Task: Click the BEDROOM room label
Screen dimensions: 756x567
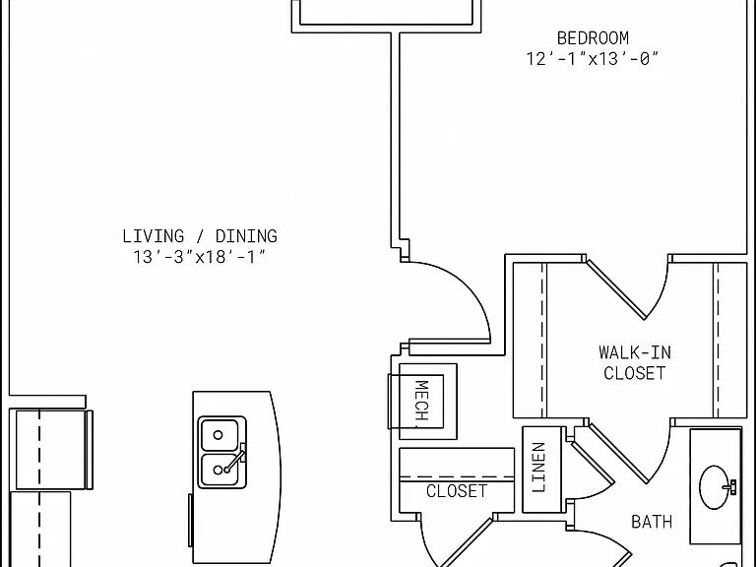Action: coord(593,38)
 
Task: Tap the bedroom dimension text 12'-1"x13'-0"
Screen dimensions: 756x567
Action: coord(592,59)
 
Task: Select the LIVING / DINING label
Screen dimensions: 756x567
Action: coord(200,236)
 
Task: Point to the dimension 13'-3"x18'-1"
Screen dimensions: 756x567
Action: coord(199,257)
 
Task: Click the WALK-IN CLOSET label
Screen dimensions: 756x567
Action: coord(635,362)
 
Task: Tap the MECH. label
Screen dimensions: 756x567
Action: coord(421,401)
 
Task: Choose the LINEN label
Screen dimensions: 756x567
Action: coord(538,468)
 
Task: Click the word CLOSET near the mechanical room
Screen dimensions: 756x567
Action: coord(457,491)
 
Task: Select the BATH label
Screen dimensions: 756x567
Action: coord(652,522)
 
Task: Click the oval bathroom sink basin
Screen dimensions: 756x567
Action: coord(714,487)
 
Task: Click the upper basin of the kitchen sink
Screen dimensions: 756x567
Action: coord(219,435)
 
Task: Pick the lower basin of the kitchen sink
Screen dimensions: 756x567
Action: coord(219,470)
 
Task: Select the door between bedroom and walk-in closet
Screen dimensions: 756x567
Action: coord(616,289)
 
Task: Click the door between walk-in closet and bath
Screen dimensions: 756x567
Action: coord(618,453)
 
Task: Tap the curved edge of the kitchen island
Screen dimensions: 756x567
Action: coord(277,477)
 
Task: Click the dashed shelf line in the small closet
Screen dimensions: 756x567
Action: coord(457,477)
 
